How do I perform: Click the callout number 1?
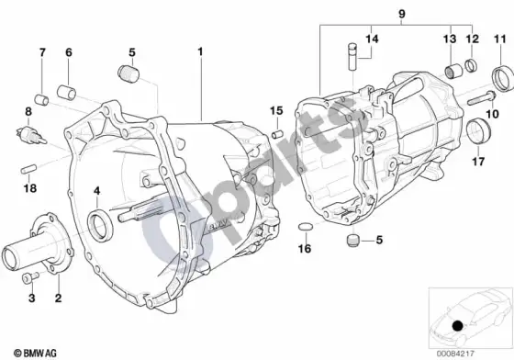click(x=200, y=51)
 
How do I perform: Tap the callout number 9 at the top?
click(x=402, y=14)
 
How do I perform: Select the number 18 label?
click(x=29, y=188)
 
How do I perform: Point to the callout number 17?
click(x=478, y=162)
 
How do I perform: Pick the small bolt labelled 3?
click(x=29, y=277)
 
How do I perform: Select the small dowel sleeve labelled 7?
click(x=41, y=100)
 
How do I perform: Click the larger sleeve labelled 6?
click(x=66, y=92)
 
